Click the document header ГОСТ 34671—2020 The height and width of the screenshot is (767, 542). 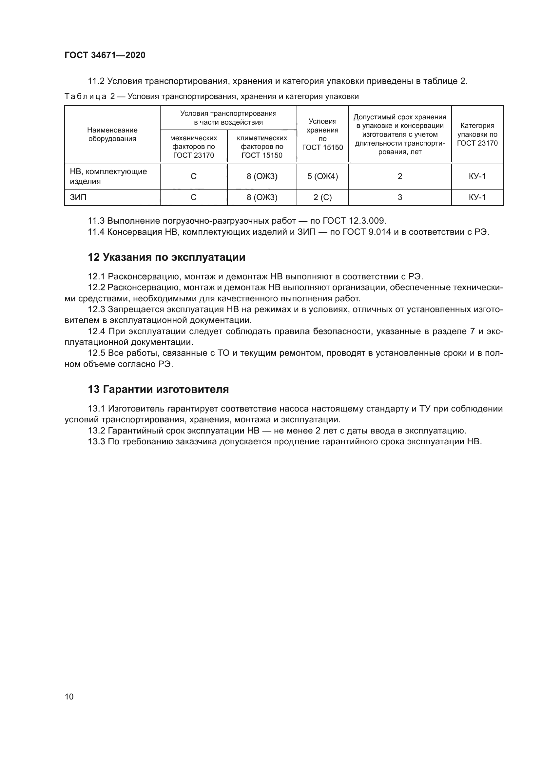pos(105,55)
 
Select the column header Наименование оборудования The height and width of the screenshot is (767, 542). pos(112,134)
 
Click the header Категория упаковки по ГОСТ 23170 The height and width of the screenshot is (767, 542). pos(477,134)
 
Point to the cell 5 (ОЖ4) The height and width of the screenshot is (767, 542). pos(322,176)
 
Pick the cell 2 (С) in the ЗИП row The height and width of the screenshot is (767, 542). pos(322,197)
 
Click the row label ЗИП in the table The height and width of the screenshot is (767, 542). pos(78,197)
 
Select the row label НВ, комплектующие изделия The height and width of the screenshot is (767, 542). pos(108,176)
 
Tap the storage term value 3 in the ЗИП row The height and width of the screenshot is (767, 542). pos(400,197)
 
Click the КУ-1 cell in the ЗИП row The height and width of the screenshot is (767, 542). pos(477,197)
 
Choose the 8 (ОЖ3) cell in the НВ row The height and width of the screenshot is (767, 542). pos(262,176)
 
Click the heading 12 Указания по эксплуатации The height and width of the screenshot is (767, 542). pos(166,257)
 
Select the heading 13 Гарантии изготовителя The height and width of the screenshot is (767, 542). pos(158,390)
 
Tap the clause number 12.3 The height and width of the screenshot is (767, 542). pos(96,310)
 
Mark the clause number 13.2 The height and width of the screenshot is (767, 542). pos(96,431)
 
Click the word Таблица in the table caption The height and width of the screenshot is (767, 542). pos(86,97)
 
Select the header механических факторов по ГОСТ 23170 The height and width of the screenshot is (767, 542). pos(194,147)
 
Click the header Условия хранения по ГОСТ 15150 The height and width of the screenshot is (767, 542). pos(322,134)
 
